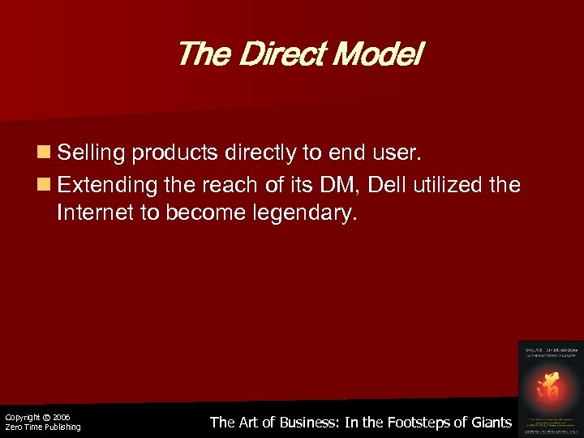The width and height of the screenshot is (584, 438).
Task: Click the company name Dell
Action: [x=387, y=187]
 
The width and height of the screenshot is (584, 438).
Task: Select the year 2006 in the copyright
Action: [x=61, y=418]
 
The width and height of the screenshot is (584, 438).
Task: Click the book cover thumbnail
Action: [x=550, y=387]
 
